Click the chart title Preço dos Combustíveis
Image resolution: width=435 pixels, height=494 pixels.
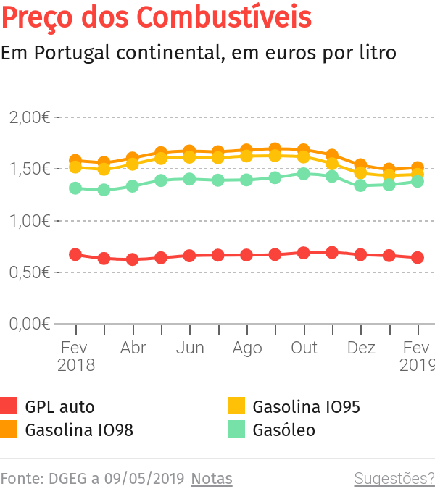pyautogui.click(x=157, y=17)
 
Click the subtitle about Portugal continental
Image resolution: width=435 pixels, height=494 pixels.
pyautogui.click(x=198, y=54)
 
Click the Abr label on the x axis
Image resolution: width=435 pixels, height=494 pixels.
pyautogui.click(x=133, y=348)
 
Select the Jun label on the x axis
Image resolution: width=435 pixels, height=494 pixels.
pyautogui.click(x=190, y=348)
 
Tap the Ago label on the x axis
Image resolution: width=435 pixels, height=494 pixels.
pyautogui.click(x=246, y=348)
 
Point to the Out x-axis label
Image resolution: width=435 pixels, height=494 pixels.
pyautogui.click(x=304, y=348)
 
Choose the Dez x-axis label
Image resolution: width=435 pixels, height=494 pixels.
pyautogui.click(x=361, y=348)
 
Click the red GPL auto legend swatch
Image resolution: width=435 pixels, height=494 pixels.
pyautogui.click(x=9, y=406)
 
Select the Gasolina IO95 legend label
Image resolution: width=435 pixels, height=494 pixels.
pyautogui.click(x=306, y=407)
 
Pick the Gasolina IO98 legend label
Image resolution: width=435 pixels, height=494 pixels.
pyautogui.click(x=79, y=430)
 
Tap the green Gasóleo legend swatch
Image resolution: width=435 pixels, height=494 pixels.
pyautogui.click(x=236, y=430)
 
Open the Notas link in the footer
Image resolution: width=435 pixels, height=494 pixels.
pyautogui.click(x=212, y=479)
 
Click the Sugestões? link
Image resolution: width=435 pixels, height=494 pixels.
pyautogui.click(x=394, y=479)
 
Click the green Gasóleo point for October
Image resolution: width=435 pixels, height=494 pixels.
pyautogui.click(x=304, y=174)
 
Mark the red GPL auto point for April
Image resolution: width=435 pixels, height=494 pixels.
pyautogui.click(x=133, y=259)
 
